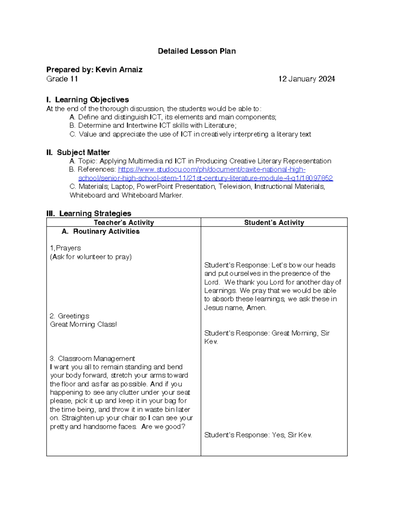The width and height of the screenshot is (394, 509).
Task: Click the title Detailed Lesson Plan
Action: point(197,51)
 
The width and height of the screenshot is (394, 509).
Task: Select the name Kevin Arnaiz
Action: point(119,69)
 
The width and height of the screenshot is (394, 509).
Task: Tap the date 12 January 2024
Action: point(306,79)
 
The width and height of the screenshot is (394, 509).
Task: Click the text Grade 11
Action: point(62,79)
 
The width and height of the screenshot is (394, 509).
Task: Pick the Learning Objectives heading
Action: point(92,100)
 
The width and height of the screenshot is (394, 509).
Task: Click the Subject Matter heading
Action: point(83,152)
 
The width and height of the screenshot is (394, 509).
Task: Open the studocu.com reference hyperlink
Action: point(211,170)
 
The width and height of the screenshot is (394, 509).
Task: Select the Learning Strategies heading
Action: point(95,213)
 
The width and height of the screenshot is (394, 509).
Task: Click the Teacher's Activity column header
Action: point(124,223)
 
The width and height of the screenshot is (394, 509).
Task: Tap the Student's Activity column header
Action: point(274,223)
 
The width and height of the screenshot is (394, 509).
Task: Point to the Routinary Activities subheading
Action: point(106,231)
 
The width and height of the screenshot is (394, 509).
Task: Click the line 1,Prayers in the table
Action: point(65,248)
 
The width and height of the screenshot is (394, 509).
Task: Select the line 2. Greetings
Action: point(70,316)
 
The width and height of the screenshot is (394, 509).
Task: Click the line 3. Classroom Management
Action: point(92,359)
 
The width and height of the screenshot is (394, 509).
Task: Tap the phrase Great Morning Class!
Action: point(83,324)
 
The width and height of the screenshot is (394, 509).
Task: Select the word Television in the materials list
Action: point(234,187)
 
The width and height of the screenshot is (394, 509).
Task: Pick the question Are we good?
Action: point(163,427)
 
